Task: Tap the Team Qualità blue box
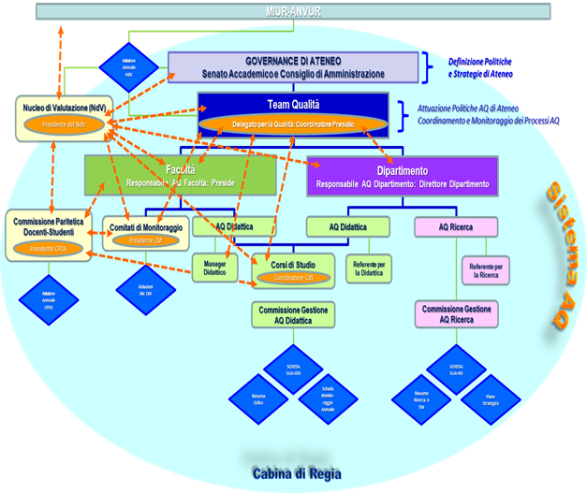[293, 104]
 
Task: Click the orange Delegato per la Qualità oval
[293, 124]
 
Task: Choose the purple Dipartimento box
[403, 177]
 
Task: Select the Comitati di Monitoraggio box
[144, 233]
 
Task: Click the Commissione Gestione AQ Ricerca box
[456, 314]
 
